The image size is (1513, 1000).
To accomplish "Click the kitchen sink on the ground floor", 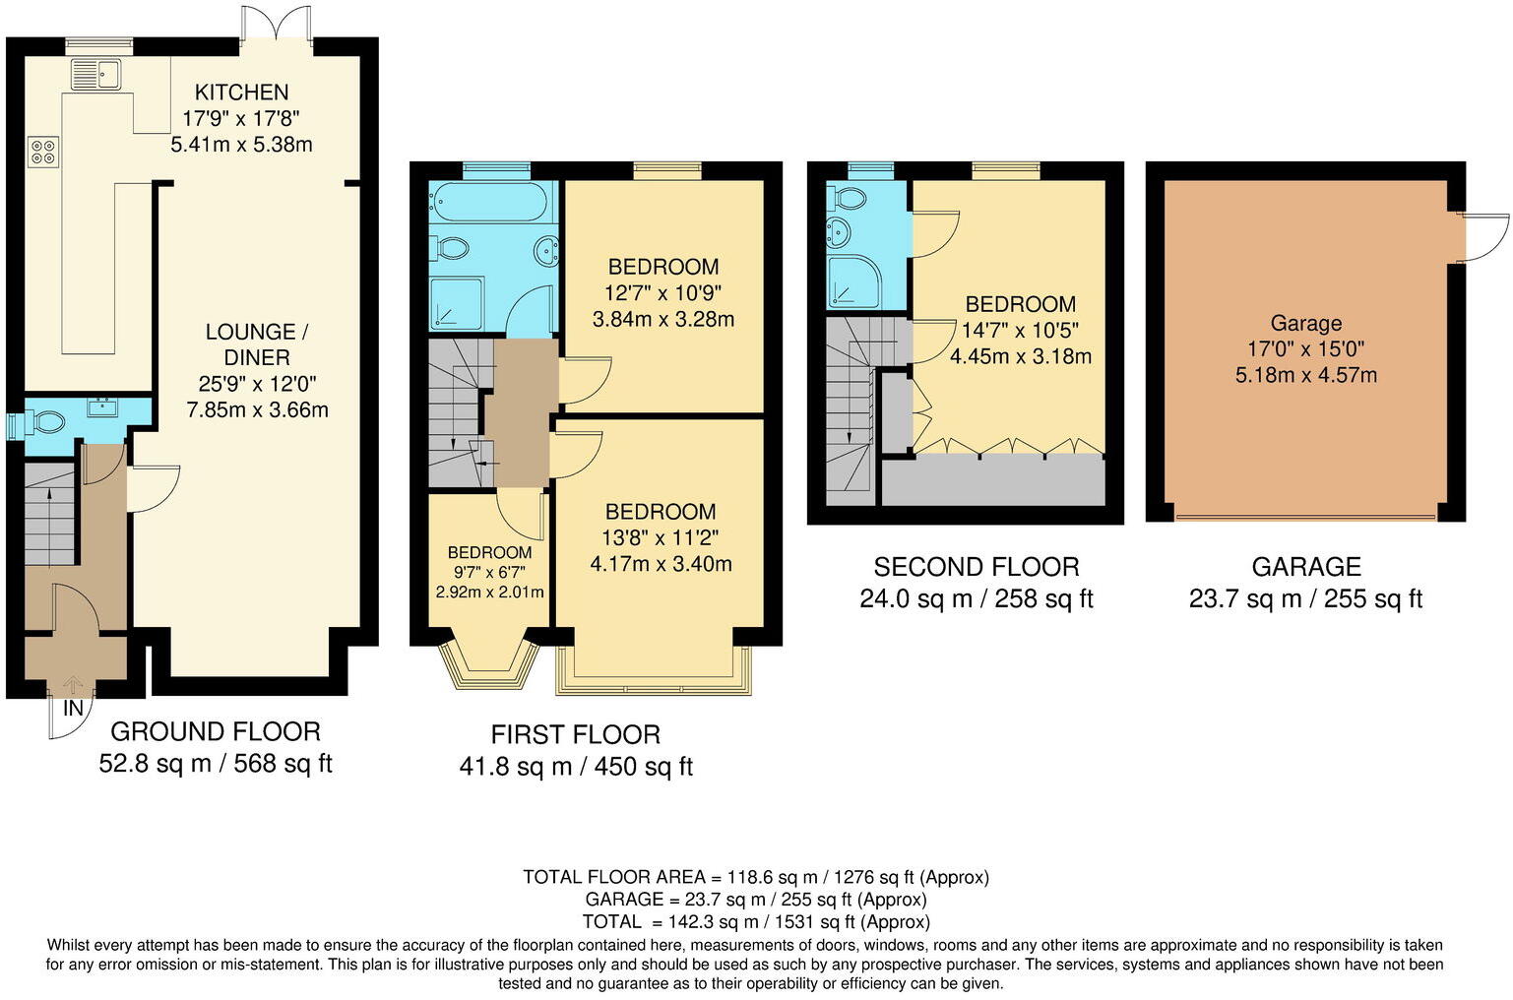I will tap(95, 74).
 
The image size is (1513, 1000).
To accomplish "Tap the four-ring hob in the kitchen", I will tap(43, 152).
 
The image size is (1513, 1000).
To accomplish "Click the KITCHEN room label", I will tap(241, 93).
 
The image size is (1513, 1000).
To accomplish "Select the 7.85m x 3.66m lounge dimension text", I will tap(258, 409).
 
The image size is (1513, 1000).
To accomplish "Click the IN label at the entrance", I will tap(74, 708).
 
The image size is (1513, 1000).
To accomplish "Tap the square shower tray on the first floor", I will tap(457, 302).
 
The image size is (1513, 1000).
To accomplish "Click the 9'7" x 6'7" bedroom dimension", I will tap(489, 573).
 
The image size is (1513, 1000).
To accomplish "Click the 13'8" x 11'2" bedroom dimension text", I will tap(661, 537).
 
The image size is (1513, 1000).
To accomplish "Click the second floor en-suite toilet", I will tap(846, 199).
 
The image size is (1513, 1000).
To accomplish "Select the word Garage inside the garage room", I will tap(1305, 323).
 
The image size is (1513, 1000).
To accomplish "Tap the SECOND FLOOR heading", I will tap(976, 567).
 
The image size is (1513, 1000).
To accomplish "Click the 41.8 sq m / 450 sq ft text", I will tap(576, 767).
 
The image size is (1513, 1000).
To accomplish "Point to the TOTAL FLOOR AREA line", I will tap(755, 876).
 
